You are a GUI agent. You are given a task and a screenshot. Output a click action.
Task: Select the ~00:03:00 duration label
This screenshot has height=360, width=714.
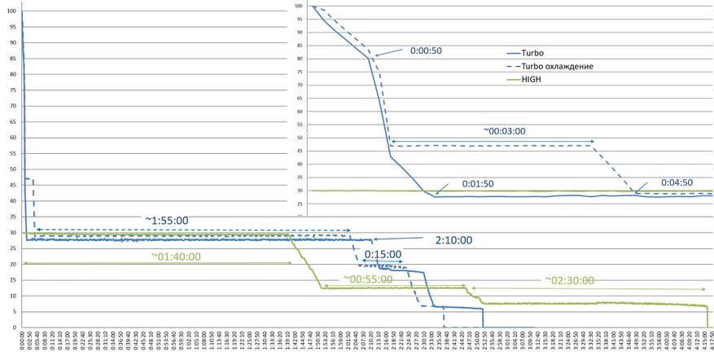tap(505, 130)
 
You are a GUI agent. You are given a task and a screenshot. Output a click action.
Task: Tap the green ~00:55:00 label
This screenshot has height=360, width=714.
tap(367, 279)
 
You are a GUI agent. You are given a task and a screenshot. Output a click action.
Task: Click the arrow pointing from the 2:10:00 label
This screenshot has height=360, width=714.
tap(399, 240)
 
